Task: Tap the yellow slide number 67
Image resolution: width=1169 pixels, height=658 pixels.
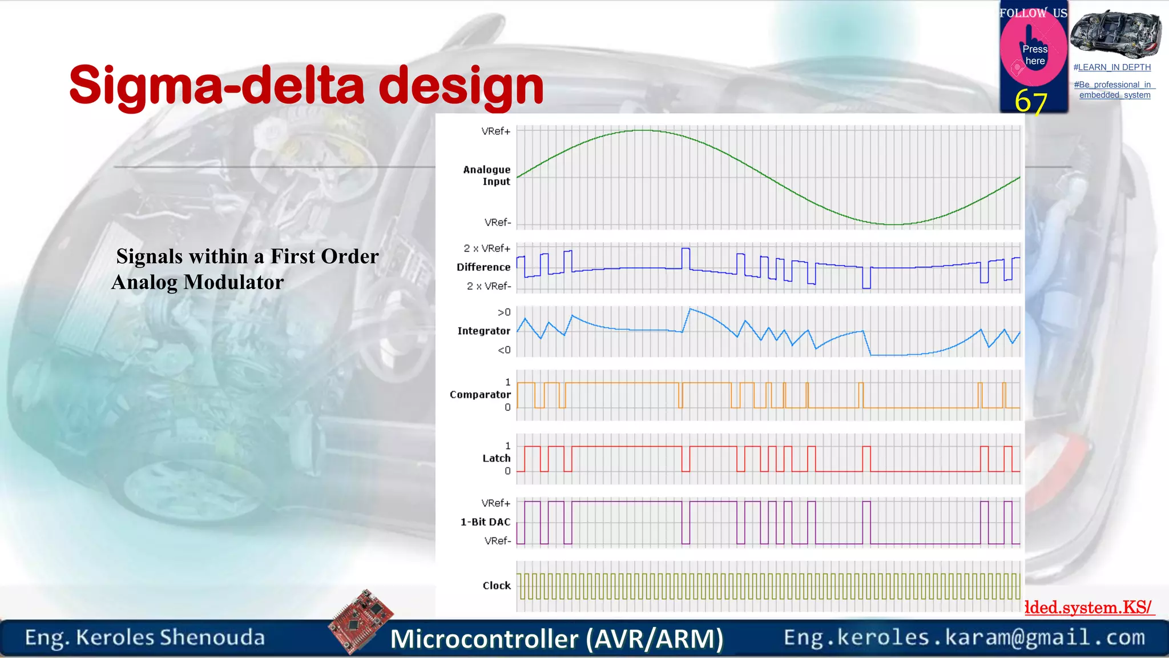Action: point(1030,102)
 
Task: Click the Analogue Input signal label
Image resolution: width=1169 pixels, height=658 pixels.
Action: point(486,175)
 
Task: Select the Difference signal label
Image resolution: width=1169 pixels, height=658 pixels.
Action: point(483,267)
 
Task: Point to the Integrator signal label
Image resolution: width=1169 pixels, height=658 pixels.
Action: point(483,331)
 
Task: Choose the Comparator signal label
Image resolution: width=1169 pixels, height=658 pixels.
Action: point(480,395)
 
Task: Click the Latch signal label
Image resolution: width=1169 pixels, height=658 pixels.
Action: point(496,458)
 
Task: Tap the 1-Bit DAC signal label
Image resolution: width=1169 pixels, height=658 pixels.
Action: point(485,522)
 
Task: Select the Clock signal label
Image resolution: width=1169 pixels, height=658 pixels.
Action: point(497,585)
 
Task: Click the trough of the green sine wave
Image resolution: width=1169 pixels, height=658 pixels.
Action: point(893,224)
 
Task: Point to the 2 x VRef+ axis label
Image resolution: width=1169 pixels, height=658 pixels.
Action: point(487,248)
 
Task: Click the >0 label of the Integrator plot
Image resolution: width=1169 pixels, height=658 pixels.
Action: point(504,312)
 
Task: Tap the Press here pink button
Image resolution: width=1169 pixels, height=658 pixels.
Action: point(1034,55)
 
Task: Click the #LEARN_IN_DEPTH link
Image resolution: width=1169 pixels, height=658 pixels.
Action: point(1112,67)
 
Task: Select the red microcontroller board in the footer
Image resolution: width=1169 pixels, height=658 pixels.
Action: point(361,621)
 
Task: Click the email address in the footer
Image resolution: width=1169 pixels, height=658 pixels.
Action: point(964,637)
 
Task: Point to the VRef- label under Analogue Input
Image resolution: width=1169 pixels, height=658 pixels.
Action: point(497,222)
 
